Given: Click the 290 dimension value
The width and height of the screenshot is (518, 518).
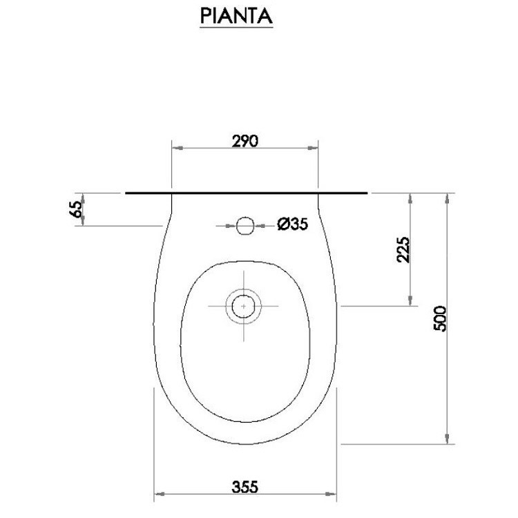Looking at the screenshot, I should point(244,141).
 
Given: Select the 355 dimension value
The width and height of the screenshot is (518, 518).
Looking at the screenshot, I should point(244,487).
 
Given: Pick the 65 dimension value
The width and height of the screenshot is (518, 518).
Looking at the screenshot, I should point(77,209).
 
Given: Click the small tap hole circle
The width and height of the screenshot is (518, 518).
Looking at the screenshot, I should point(244,225).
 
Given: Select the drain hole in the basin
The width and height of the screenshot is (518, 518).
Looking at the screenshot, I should point(243,305).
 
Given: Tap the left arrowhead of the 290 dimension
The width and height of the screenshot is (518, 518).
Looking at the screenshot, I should point(176,148).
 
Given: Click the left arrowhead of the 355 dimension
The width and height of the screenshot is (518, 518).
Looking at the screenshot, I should point(158,495).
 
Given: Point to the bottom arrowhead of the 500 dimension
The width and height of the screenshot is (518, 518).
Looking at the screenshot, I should point(449,439).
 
